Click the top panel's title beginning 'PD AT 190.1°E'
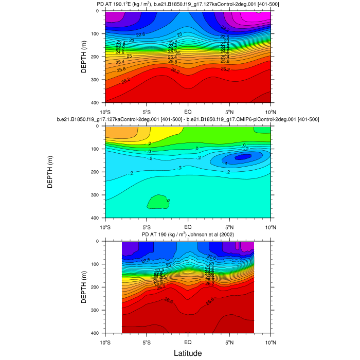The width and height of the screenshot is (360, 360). [188, 5]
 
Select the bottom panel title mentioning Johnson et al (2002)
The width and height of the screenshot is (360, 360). [188, 235]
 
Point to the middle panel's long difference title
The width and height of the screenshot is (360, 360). [188, 119]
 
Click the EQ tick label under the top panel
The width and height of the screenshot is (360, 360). [188, 111]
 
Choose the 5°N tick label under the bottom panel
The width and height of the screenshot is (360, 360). [229, 341]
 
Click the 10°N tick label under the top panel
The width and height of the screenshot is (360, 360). [271, 111]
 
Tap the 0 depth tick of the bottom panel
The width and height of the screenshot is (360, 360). [99, 241]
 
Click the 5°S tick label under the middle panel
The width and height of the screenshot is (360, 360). [146, 226]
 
